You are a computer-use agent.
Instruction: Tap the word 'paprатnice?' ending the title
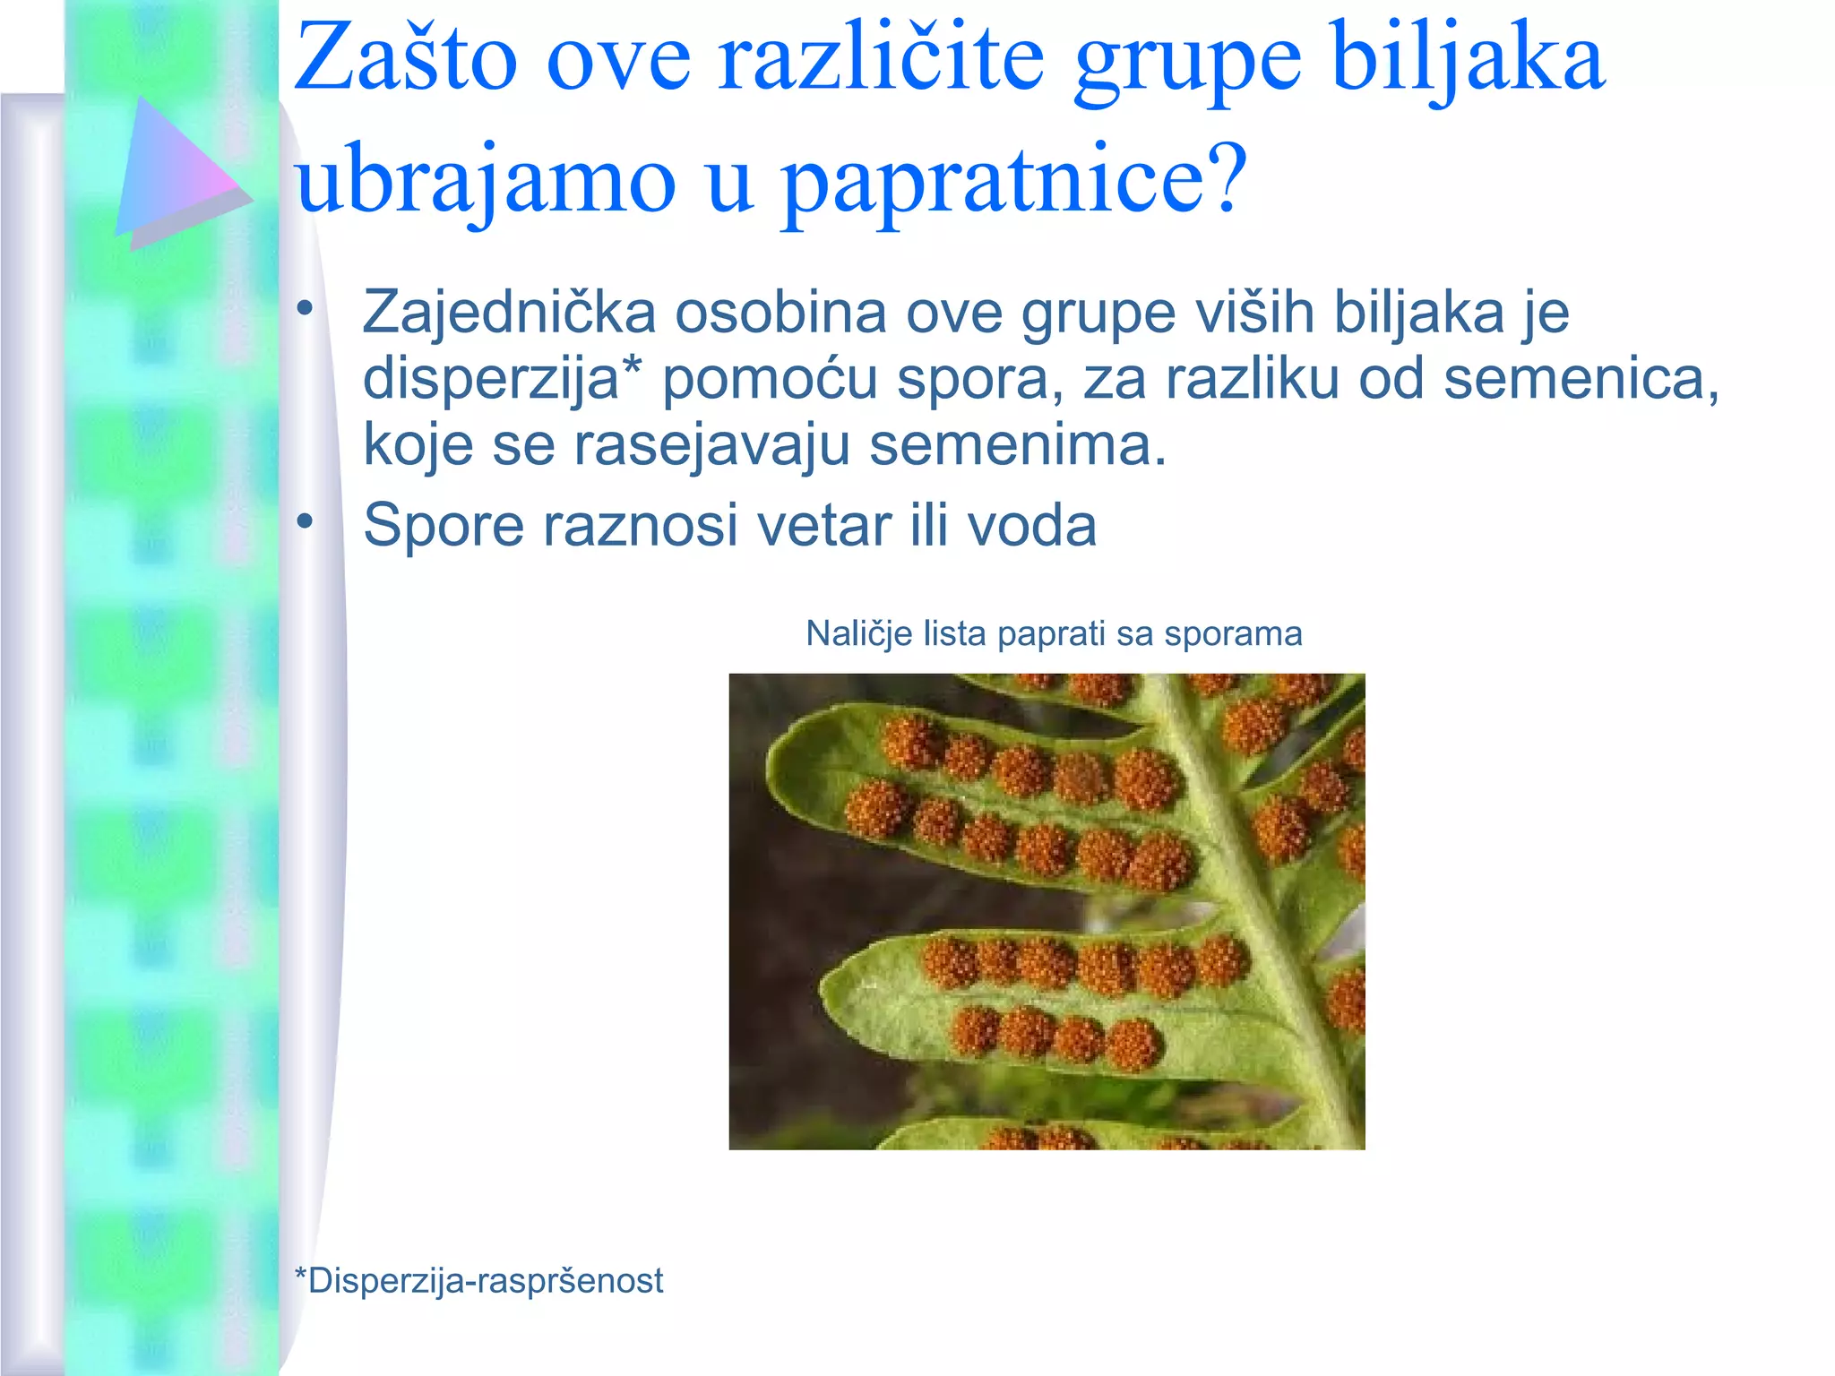point(1013,180)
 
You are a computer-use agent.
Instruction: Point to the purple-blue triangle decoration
point(175,170)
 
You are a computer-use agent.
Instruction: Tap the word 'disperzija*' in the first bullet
point(503,379)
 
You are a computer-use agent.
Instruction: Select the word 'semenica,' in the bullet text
point(1581,379)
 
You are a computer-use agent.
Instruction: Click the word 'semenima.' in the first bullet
point(1018,445)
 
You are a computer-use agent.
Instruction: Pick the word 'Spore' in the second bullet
point(443,525)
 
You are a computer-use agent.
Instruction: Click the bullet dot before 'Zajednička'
point(306,310)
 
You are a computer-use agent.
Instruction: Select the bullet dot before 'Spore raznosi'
point(306,521)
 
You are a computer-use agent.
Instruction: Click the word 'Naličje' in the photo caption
point(859,634)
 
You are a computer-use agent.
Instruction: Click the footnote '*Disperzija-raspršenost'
point(479,1281)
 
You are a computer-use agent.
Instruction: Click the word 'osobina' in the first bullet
point(780,313)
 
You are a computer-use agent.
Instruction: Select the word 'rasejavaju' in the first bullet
point(711,445)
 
